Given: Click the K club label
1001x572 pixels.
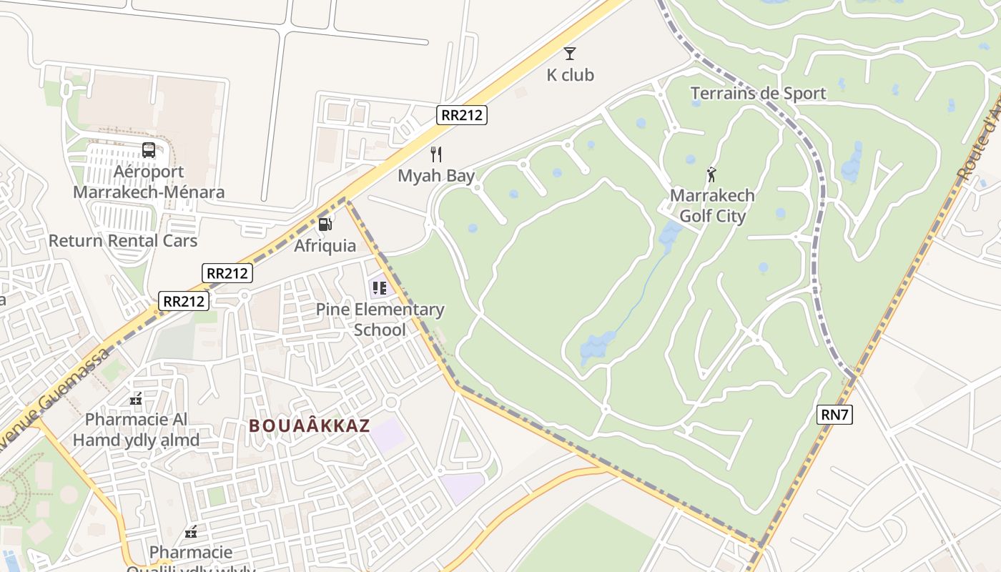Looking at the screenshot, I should click(x=570, y=75).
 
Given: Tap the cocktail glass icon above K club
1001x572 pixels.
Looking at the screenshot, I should click(x=570, y=53).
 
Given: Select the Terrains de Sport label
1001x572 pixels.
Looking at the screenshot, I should click(x=758, y=93).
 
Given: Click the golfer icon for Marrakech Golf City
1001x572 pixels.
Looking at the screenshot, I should click(x=711, y=174).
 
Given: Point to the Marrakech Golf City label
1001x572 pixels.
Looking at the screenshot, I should click(x=712, y=206).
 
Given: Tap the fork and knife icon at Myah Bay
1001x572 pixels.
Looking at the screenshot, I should click(x=436, y=154).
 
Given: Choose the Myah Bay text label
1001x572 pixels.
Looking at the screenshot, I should click(x=436, y=176).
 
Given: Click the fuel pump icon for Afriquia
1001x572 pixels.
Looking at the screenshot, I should click(x=325, y=225).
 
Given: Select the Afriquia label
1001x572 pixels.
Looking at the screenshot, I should click(x=325, y=245).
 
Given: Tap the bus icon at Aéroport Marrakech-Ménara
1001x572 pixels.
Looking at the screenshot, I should click(x=149, y=150).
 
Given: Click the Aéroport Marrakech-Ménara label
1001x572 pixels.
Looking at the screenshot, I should click(x=149, y=182).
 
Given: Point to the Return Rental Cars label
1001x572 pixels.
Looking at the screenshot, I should click(x=123, y=240).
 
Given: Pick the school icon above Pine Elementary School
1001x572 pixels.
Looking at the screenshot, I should click(x=379, y=288).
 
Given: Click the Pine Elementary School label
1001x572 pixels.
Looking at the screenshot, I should click(x=380, y=320).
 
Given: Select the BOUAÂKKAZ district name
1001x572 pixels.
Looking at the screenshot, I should click(x=309, y=426).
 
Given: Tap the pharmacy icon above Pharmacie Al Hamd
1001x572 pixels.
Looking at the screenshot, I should click(x=136, y=399).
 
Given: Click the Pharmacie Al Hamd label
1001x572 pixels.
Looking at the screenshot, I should click(x=136, y=429).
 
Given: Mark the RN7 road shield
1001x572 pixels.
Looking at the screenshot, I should click(x=834, y=414).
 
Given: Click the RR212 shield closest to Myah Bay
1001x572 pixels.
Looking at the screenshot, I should click(x=462, y=114).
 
